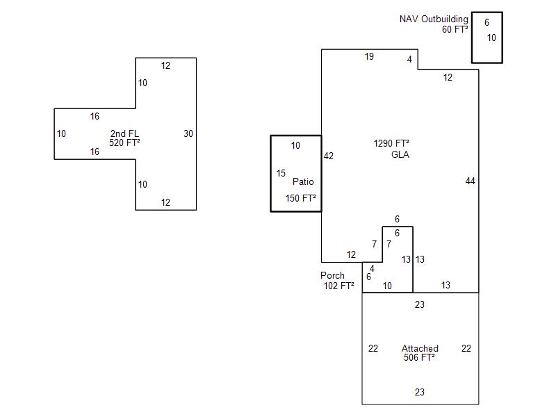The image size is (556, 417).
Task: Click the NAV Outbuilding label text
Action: pyautogui.click(x=433, y=19)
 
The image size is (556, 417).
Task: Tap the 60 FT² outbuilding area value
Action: pyautogui.click(x=455, y=29)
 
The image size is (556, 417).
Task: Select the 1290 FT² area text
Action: pyautogui.click(x=391, y=144)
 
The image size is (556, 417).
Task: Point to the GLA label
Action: pyautogui.click(x=400, y=155)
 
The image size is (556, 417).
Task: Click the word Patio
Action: pyautogui.click(x=303, y=182)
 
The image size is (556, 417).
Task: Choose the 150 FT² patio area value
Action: pyautogui.click(x=301, y=199)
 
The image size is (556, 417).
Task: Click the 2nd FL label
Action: pyautogui.click(x=124, y=133)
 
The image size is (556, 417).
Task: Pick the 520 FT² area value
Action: pyautogui.click(x=124, y=142)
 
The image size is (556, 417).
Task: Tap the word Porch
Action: pyautogui.click(x=332, y=276)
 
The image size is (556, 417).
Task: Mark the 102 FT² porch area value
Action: pyautogui.click(x=338, y=286)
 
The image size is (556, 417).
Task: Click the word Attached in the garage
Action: pyautogui.click(x=420, y=349)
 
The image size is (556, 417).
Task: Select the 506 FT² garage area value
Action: pyautogui.click(x=419, y=358)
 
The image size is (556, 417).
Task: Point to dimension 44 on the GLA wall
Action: pyautogui.click(x=471, y=181)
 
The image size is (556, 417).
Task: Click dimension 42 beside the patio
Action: pyautogui.click(x=329, y=156)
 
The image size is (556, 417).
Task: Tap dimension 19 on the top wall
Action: pyautogui.click(x=369, y=57)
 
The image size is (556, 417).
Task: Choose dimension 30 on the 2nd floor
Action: pyautogui.click(x=188, y=134)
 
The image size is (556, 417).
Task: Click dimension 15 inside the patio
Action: pyautogui.click(x=281, y=174)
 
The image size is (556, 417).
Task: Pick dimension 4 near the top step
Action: pyautogui.click(x=409, y=60)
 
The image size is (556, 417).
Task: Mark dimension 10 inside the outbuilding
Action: pyautogui.click(x=491, y=38)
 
